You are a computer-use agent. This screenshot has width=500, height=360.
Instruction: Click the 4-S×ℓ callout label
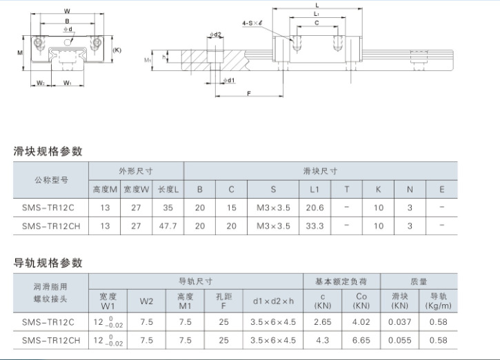[x=252, y=23]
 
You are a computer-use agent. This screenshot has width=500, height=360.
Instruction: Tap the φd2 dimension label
[x=215, y=34]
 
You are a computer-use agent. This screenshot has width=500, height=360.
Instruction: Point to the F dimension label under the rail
[x=249, y=93]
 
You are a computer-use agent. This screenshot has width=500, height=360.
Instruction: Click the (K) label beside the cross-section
[x=117, y=50]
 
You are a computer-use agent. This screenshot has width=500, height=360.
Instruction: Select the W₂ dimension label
[x=41, y=83]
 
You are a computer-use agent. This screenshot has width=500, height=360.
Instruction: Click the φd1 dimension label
[x=229, y=80]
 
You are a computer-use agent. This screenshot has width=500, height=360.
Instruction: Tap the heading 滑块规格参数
[x=48, y=151]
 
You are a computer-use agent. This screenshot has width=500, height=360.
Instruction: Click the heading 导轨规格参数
[x=48, y=263]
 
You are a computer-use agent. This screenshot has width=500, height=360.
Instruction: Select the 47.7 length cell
[x=168, y=226]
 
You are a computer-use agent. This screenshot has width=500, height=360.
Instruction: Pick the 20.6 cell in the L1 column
[x=314, y=208]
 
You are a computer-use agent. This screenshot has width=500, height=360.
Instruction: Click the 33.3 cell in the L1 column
[x=314, y=226]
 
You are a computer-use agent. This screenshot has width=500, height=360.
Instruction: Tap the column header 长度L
[x=168, y=190]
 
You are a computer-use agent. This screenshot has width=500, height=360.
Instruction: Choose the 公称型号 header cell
[x=51, y=180]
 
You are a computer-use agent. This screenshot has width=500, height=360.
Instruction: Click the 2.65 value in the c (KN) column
[x=322, y=322]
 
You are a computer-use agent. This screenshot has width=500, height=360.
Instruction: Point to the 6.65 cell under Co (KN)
[x=361, y=340]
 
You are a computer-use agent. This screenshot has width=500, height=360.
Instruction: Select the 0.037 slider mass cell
[x=399, y=322]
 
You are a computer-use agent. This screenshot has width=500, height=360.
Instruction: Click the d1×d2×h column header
[x=273, y=301]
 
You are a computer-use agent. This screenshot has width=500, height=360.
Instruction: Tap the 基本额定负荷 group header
[x=341, y=281]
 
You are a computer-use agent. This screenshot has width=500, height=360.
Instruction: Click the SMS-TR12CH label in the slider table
[x=51, y=226]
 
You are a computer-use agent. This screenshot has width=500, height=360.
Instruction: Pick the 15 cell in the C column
[x=231, y=208]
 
